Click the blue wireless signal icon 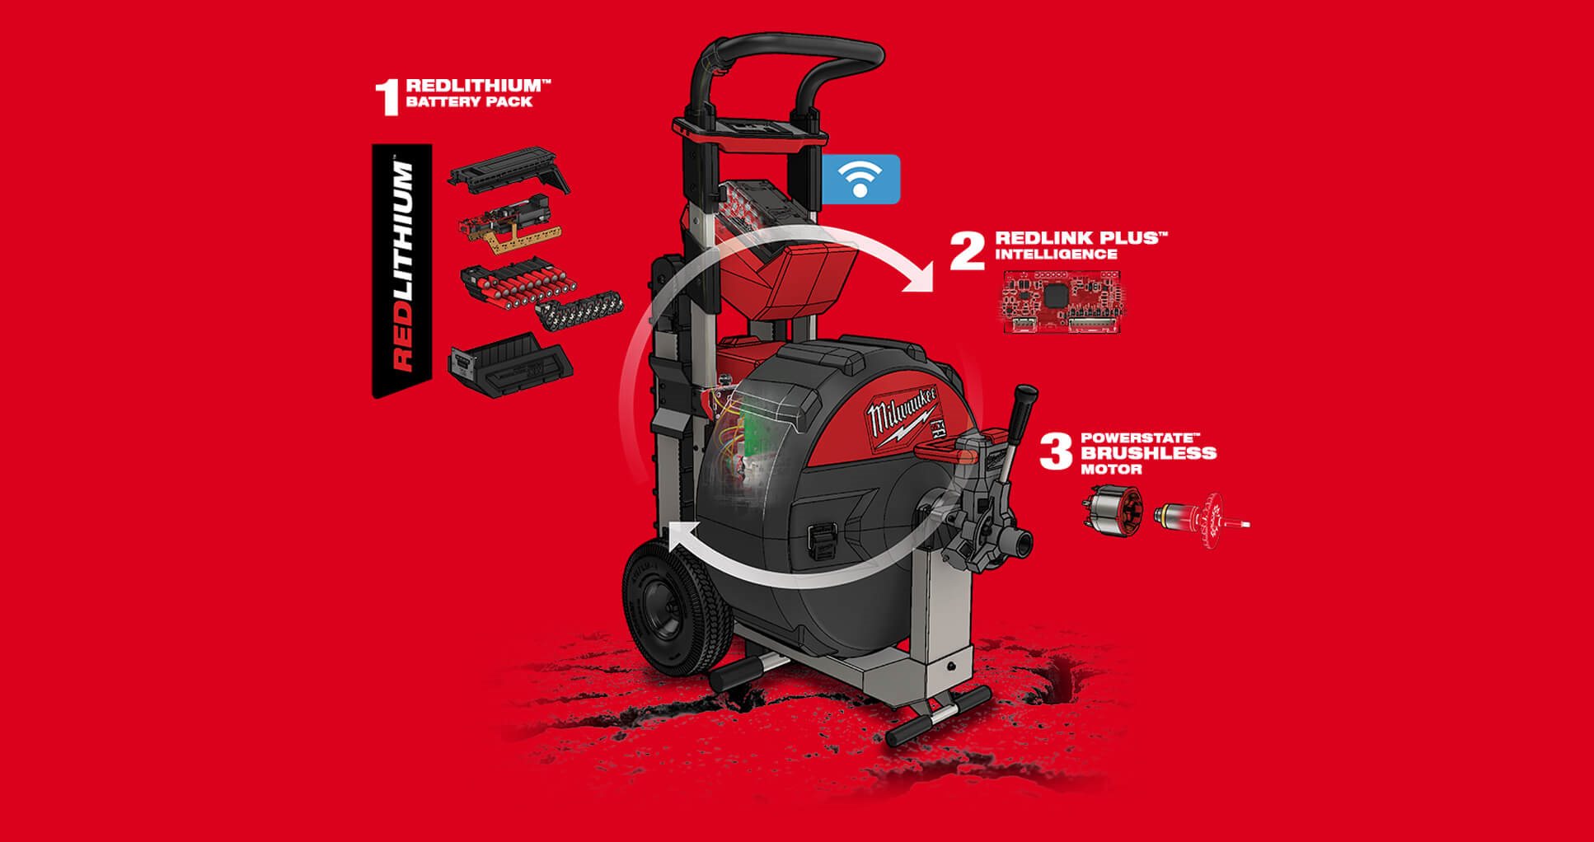pos(860,179)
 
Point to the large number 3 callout pos(1056,452)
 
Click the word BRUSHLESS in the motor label pos(1148,452)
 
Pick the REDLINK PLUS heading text pos(1081,238)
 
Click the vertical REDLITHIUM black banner pos(401,269)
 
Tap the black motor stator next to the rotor pos(1112,508)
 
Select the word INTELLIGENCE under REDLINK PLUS pos(1056,255)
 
